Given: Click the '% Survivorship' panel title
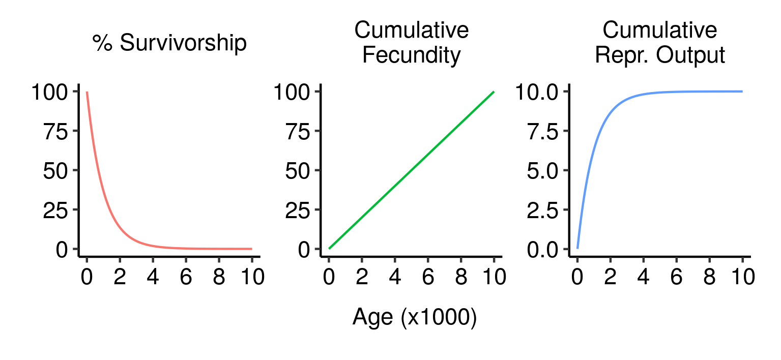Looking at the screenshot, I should [x=169, y=44].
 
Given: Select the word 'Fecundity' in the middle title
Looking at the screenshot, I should [x=411, y=55].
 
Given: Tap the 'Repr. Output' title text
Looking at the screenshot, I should [x=659, y=55].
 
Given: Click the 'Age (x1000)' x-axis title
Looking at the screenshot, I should [x=414, y=317].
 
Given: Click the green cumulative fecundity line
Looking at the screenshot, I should [x=411, y=170].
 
